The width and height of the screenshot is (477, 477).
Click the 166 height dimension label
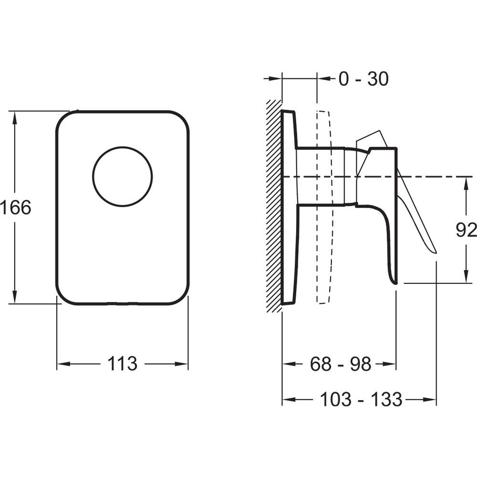pos(16,207)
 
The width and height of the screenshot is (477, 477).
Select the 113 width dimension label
pos(122,363)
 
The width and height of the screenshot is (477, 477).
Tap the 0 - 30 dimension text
pos(363,79)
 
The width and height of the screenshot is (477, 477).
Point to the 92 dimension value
pos(466,230)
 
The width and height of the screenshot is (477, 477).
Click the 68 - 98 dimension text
pos(341,363)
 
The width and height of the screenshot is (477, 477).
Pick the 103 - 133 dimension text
pos(361,399)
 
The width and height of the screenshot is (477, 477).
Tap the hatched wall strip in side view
pos(274,206)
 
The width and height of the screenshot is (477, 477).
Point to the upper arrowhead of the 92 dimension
pos(466,185)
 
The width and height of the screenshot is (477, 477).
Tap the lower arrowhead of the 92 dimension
pos(466,275)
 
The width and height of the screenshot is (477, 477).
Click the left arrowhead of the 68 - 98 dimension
pos(290,363)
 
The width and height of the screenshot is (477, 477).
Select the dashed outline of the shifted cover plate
pos(325,207)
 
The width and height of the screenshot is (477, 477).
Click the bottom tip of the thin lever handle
pos(436,252)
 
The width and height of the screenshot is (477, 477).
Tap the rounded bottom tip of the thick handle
pos(395,283)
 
